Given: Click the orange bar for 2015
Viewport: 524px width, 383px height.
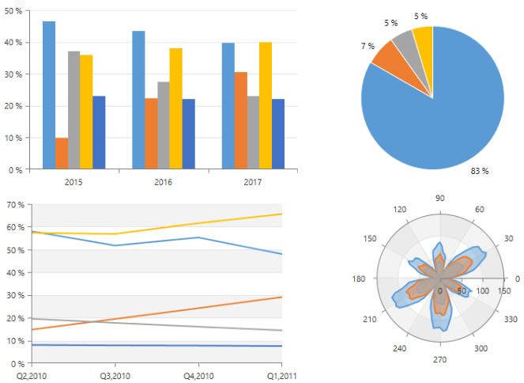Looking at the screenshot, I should tap(61, 153).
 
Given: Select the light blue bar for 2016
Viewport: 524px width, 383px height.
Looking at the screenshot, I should tap(138, 100).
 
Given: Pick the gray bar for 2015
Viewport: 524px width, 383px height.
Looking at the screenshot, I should tap(74, 110).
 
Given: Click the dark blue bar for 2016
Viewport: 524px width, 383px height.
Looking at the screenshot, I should tap(189, 134).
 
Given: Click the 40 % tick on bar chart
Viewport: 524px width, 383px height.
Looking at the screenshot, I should tap(15, 43).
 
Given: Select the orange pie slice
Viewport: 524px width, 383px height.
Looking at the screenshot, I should tap(385, 56).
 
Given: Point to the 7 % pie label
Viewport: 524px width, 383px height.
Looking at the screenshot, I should tap(368, 46).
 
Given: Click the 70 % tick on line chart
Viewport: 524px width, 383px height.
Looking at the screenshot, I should tap(15, 205).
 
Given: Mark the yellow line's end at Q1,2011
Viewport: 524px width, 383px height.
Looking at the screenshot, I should tap(282, 214).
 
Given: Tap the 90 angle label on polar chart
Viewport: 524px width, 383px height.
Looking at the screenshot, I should tap(440, 198).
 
